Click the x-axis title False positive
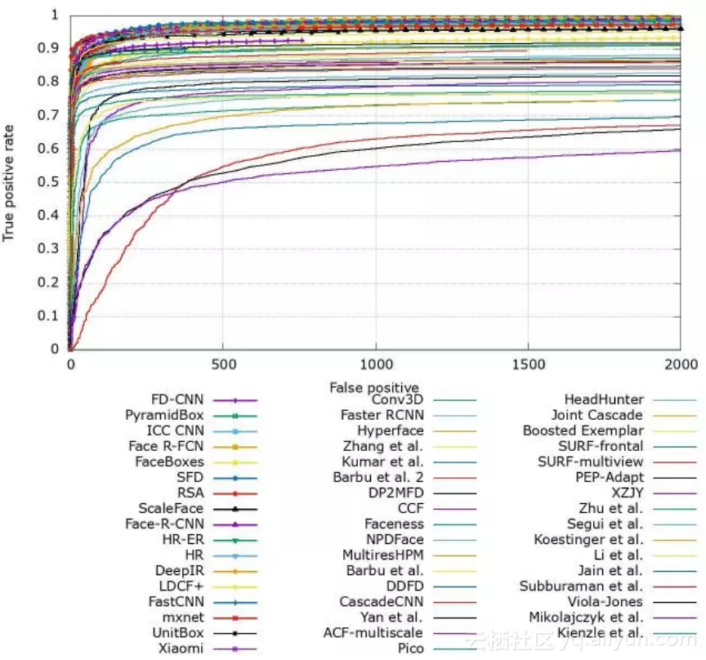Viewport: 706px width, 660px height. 374,386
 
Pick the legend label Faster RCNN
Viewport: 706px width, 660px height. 382,415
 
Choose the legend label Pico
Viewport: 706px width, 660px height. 409,649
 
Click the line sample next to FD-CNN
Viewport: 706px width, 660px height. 234,400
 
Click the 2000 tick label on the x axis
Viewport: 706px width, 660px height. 680,363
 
